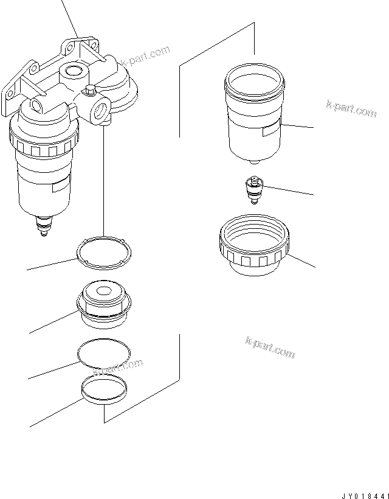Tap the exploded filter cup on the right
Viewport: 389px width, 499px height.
tap(254, 116)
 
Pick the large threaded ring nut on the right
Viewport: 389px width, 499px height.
tap(253, 249)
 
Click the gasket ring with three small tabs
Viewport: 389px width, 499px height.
tap(103, 253)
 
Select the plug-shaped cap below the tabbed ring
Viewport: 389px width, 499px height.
tap(103, 302)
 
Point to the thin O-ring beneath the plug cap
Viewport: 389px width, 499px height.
tap(104, 354)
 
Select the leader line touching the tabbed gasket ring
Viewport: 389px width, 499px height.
tap(52, 264)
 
